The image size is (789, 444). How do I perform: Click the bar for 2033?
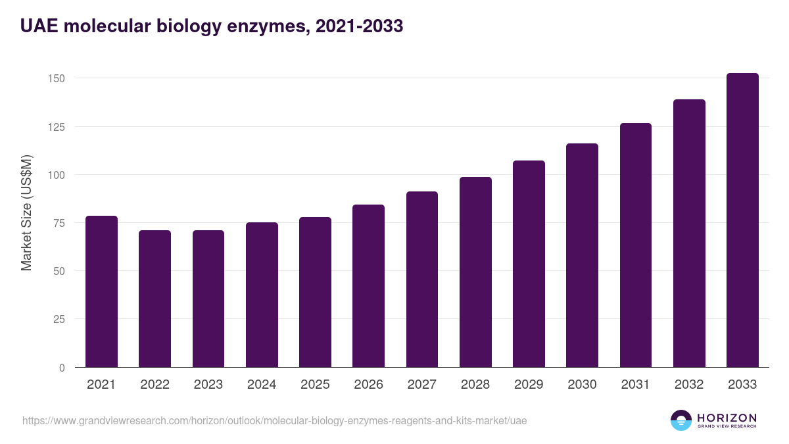point(742,220)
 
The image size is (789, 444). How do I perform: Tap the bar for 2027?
point(421,280)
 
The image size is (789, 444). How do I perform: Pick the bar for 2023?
point(208,299)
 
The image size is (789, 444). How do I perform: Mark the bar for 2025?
point(315,292)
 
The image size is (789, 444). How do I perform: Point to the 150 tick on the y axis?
point(57,78)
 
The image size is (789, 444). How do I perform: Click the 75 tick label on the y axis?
point(59,223)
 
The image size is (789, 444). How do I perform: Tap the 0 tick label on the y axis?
point(62,368)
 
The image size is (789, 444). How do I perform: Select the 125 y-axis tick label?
point(57,127)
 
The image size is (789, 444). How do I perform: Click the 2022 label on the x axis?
point(155,385)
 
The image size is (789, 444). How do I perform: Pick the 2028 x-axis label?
point(475,385)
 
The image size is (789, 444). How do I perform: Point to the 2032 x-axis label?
point(689,385)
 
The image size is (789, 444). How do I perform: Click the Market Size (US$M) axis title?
point(26,212)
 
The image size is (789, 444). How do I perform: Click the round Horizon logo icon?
point(681,420)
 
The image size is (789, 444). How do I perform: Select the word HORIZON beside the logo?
point(727,418)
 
